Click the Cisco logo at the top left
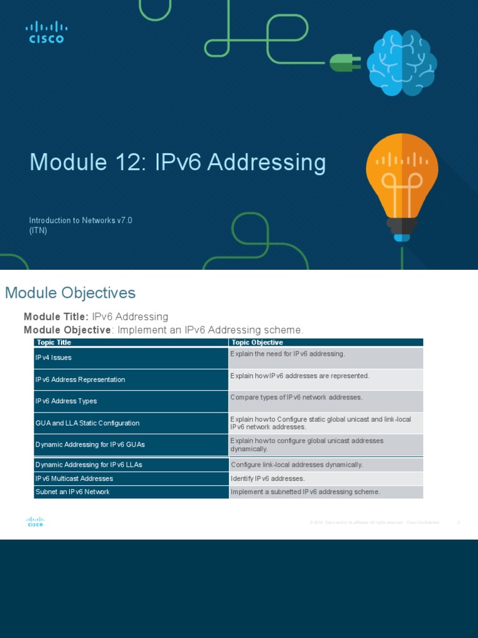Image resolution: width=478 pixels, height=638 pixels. coord(46,32)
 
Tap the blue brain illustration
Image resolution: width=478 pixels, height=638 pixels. coord(401,63)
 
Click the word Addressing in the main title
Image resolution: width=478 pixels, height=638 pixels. coord(266,163)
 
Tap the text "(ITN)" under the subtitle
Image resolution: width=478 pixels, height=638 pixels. coord(38,231)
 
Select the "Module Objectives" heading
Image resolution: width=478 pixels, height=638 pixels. coord(70,293)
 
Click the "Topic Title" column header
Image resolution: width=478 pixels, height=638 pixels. coord(54,343)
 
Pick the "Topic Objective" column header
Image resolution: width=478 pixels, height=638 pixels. coord(257,343)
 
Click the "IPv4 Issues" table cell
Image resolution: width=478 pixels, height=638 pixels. coord(54,358)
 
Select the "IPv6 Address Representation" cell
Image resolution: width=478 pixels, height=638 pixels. coord(80,379)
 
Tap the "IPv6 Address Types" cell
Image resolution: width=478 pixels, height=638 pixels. coord(66,401)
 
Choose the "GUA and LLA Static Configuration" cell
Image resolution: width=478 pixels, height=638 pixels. coord(87,423)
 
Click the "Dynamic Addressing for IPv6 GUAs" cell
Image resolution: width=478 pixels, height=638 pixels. coord(90,445)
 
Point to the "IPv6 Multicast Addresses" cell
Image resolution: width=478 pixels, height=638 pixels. coord(74,478)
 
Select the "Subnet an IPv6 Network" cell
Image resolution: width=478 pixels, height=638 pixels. coord(72,492)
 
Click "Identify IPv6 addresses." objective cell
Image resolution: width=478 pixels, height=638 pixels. coord(268,478)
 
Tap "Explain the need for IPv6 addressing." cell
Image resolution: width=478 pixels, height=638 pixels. coord(288,354)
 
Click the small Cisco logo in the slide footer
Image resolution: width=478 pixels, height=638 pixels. coord(35,522)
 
